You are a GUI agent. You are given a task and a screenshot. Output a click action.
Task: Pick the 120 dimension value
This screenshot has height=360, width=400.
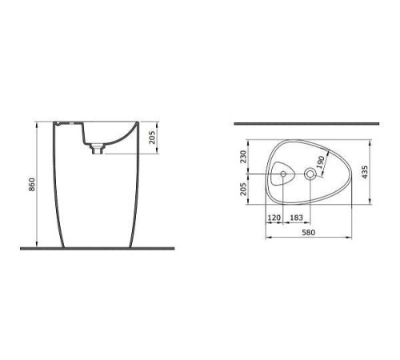pyautogui.click(x=274, y=218)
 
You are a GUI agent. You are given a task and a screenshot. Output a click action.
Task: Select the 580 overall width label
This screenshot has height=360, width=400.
pyautogui.click(x=307, y=233)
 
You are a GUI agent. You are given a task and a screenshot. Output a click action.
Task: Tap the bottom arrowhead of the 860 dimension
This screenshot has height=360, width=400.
pyautogui.click(x=38, y=245)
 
